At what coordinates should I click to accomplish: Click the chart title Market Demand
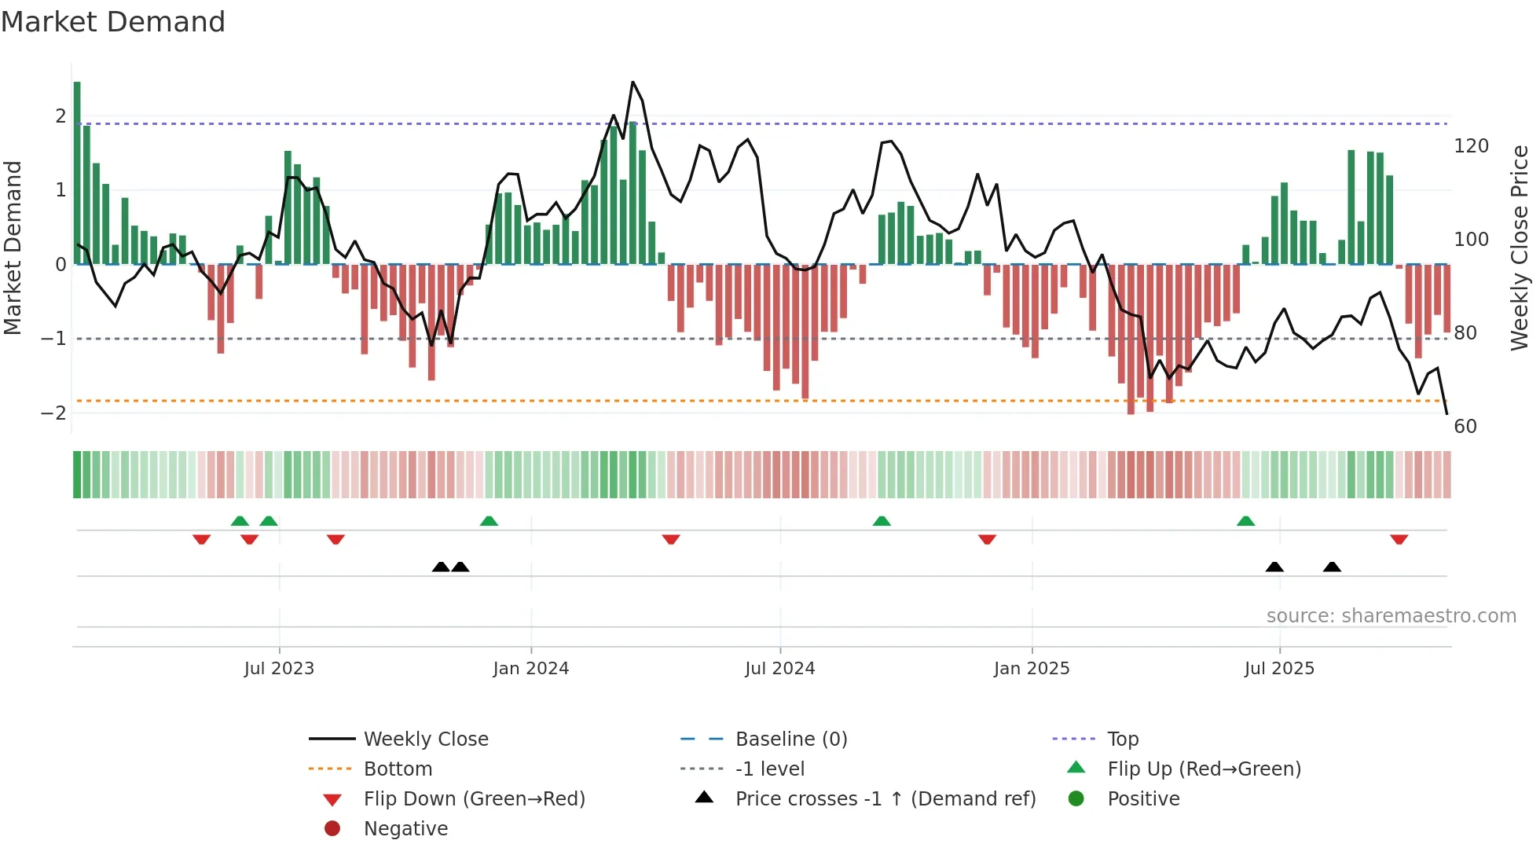(113, 22)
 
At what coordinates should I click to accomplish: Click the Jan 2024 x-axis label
(530, 669)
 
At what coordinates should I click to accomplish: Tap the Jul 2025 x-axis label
(1278, 669)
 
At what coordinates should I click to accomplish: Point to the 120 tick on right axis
(1471, 146)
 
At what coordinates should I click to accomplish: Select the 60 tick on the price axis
(1465, 427)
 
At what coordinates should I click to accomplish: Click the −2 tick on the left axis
(53, 413)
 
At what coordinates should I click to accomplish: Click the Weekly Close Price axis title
(1520, 248)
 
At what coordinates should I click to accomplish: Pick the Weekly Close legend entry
(425, 739)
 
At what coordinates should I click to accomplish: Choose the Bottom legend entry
(398, 769)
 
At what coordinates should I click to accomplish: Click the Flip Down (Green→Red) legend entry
(474, 799)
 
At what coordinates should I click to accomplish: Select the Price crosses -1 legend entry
(885, 799)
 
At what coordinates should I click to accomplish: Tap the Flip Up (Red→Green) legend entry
(1204, 769)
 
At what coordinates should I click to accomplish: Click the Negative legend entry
(405, 829)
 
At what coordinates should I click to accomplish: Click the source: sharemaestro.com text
(1391, 616)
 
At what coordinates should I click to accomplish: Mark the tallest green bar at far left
(77, 173)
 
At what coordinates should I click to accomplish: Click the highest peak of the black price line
(632, 83)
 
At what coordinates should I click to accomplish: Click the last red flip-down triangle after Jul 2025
(1399, 539)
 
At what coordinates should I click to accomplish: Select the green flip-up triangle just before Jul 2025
(1245, 521)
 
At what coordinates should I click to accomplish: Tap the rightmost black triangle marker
(1332, 567)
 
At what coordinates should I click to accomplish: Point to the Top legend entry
(1122, 739)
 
